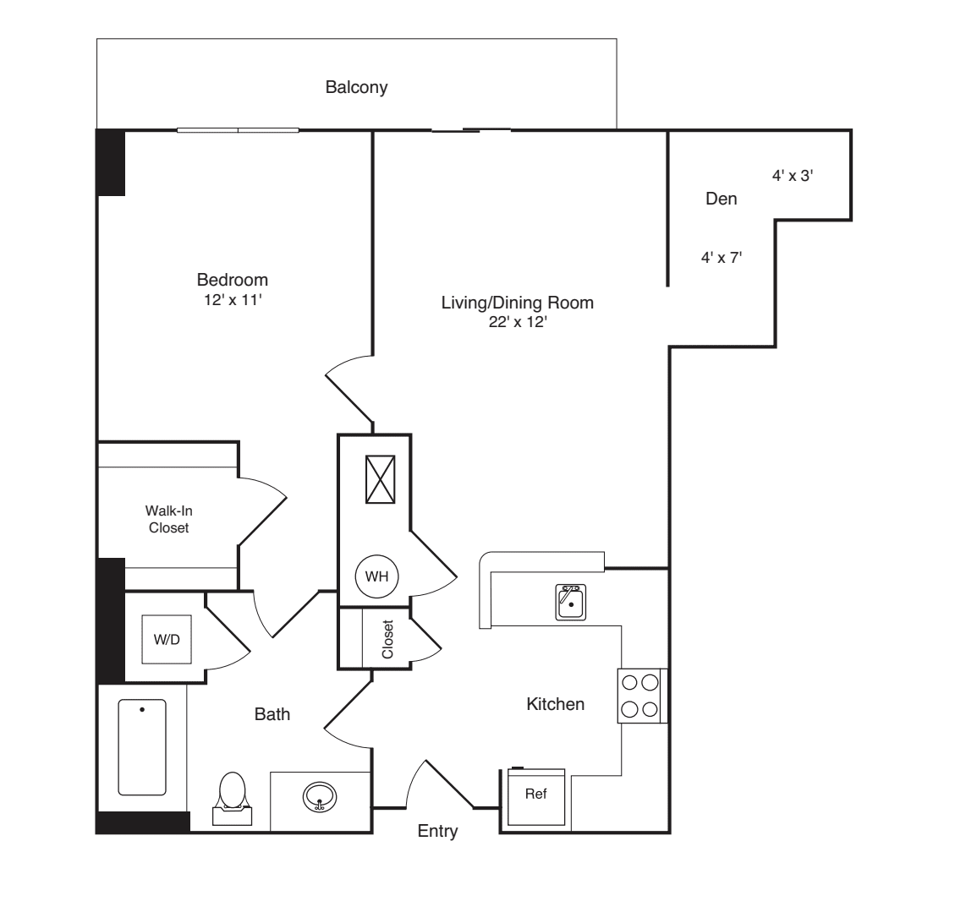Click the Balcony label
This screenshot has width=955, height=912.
[x=356, y=87]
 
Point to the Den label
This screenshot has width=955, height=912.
[x=721, y=199]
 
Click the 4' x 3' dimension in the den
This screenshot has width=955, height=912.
[x=793, y=176]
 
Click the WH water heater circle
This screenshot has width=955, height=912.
[x=376, y=576]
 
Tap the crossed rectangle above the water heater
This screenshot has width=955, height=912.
[x=380, y=479]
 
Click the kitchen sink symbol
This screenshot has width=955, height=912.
[x=572, y=603]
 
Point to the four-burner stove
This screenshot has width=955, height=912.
[x=640, y=696]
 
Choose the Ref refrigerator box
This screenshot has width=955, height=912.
[x=535, y=795]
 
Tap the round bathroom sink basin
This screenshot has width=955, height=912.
[x=320, y=796]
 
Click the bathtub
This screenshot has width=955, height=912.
[x=141, y=747]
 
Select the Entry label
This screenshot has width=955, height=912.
[x=437, y=832]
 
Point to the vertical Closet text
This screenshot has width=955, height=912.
[x=387, y=640]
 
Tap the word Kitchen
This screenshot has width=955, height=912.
[x=555, y=703]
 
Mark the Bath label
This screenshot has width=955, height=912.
[x=272, y=714]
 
